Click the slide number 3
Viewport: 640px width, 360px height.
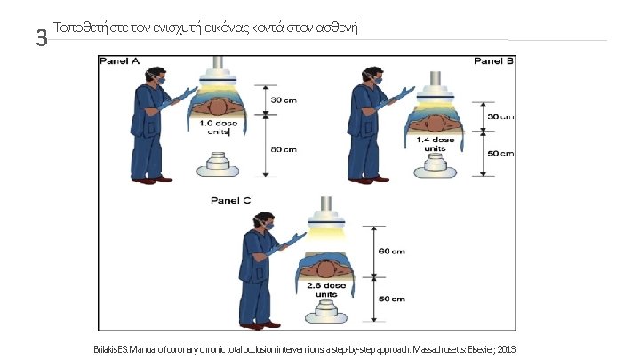39,38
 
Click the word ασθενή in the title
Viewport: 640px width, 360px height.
333,25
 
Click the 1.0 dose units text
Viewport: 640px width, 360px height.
216,126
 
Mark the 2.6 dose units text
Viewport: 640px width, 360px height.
326,290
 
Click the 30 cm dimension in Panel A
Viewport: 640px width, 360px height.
284,99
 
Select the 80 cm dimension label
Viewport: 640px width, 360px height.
284,148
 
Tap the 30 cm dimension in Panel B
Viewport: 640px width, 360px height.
500,117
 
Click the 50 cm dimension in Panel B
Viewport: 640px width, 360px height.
500,154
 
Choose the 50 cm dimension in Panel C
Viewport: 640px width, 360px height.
392,299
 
